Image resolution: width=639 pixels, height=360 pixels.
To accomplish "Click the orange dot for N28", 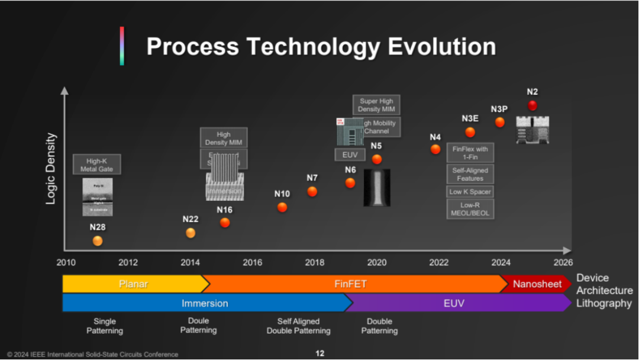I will click(98, 241).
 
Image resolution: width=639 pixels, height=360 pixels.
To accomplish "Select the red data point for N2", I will click(532, 105).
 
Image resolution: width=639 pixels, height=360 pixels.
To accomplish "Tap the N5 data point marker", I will click(377, 159).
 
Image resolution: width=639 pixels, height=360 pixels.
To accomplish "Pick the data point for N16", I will click(225, 223).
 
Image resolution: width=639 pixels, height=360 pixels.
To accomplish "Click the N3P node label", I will click(499, 109).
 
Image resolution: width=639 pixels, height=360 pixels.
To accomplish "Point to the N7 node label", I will click(312, 178).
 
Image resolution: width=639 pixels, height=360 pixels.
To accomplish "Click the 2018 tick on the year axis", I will click(315, 262).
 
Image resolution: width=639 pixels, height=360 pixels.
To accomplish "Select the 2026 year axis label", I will click(563, 262).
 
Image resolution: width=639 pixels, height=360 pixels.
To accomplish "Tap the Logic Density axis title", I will click(51, 169).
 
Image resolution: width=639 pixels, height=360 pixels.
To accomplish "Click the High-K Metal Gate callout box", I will click(97, 165).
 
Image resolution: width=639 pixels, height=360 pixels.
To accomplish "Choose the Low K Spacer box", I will click(470, 192).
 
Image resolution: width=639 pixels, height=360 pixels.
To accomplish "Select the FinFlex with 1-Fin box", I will click(470, 153).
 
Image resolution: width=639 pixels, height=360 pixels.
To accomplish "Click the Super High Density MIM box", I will click(376, 105).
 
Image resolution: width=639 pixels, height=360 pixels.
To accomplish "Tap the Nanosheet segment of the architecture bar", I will click(537, 284).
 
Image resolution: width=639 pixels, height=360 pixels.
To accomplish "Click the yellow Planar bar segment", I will click(134, 284).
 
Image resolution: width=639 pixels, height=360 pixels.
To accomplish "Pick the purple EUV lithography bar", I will click(454, 303).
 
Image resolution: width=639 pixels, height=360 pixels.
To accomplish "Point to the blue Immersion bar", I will click(205, 303).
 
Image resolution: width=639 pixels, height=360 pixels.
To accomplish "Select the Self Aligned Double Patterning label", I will click(299, 326).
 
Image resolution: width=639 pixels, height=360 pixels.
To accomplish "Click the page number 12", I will click(319, 353).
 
